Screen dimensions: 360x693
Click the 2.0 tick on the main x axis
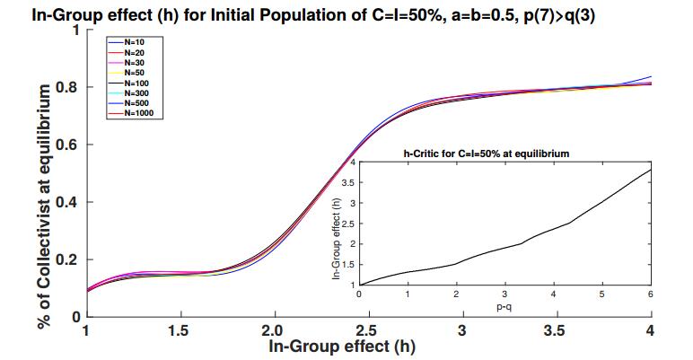pos(274,330)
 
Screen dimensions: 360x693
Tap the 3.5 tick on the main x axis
pos(556,330)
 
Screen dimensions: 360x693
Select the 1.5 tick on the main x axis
pos(180,330)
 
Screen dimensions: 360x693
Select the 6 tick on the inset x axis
pos(649,295)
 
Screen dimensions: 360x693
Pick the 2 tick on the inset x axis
pos(455,295)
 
